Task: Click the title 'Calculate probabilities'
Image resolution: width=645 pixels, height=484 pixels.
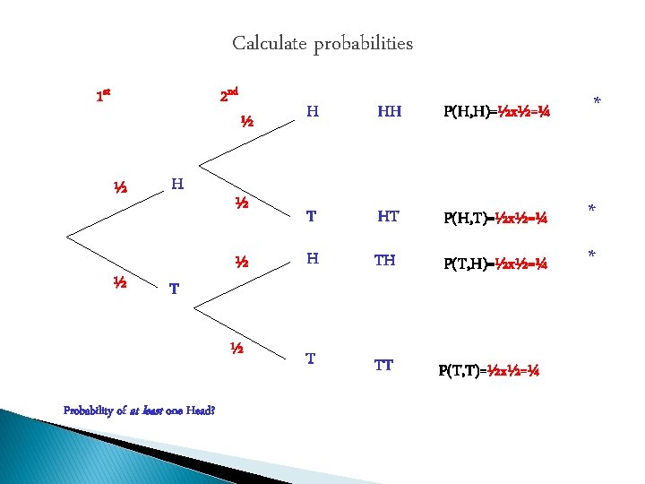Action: coord(322,43)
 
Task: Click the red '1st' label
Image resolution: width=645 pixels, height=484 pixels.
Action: coord(103,94)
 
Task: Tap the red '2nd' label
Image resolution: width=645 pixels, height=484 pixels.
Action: coord(228,94)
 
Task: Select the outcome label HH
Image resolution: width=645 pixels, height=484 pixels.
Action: coord(389,112)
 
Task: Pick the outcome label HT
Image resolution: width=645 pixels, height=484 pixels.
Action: coord(388,216)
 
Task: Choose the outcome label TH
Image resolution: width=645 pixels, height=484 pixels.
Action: coord(384,260)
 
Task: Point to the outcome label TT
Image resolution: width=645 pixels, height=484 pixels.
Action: coord(383,365)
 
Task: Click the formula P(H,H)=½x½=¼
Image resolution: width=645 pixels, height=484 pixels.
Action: coord(497,113)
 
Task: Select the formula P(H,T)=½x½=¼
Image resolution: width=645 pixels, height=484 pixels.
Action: coord(497,218)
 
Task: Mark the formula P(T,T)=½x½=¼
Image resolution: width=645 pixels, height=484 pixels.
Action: coord(488,370)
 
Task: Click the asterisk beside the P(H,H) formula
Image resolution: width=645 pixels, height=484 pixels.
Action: coord(597,105)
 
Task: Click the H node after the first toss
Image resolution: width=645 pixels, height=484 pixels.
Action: coord(176,185)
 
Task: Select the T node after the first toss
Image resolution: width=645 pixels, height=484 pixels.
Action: coord(174,290)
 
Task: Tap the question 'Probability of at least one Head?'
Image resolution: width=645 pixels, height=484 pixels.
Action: coord(139,411)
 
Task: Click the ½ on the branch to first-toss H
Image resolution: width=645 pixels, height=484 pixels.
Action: coord(119,188)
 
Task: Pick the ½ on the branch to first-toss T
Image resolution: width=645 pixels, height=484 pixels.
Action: coord(118,282)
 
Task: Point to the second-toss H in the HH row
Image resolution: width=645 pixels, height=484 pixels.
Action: coord(312,112)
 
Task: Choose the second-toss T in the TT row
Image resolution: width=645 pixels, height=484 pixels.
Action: coord(310,359)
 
